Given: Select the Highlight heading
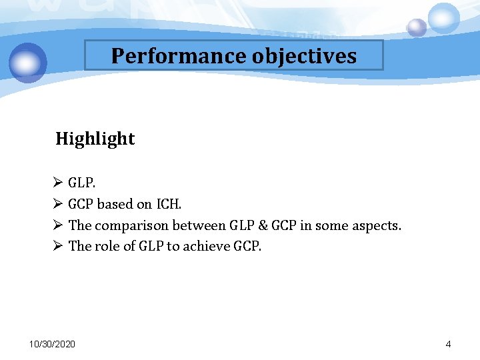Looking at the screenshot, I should click(x=95, y=139).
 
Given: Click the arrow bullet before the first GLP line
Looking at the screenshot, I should click(x=57, y=183).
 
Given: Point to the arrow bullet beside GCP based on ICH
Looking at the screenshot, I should click(x=57, y=204).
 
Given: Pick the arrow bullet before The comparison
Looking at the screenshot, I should click(x=57, y=225).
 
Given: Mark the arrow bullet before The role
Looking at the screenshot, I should click(x=57, y=246).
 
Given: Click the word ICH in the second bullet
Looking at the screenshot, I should click(x=168, y=204).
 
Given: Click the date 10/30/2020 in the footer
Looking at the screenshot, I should click(x=53, y=344).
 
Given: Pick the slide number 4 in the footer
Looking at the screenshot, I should click(x=448, y=344).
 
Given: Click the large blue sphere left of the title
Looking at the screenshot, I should click(x=28, y=62).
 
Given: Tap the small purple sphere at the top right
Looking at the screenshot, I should click(x=417, y=27).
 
